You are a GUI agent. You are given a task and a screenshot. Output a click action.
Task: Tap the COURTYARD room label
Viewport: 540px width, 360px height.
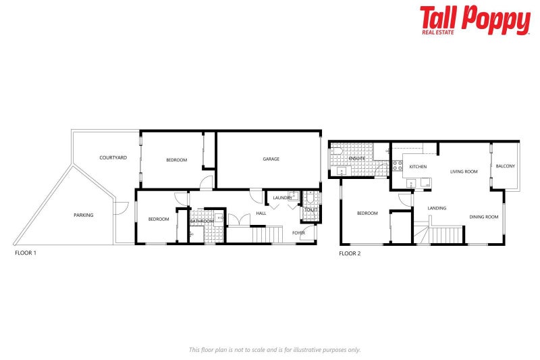click(x=113, y=157)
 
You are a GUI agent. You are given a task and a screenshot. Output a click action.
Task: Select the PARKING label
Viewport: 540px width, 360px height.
click(x=84, y=215)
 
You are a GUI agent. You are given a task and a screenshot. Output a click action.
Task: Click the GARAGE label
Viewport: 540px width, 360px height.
click(x=271, y=159)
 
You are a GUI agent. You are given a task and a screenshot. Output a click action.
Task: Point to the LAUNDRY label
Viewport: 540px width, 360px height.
click(x=282, y=198)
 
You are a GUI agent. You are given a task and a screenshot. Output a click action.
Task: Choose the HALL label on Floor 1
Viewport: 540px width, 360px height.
click(x=261, y=213)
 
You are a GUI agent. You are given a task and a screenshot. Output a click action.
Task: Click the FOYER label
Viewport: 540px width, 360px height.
click(x=298, y=232)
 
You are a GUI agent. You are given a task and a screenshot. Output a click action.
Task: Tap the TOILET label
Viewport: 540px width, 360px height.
click(x=310, y=210)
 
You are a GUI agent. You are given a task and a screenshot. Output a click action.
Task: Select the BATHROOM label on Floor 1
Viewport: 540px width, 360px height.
click(x=201, y=221)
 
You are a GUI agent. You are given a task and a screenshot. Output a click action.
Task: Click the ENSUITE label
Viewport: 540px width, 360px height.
click(x=357, y=158)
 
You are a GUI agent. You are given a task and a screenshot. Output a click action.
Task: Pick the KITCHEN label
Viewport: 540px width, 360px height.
click(x=418, y=167)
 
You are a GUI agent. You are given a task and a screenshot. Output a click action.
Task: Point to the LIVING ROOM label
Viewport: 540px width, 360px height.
click(x=464, y=172)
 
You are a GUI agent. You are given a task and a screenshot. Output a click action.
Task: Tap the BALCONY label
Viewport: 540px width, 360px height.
click(x=505, y=166)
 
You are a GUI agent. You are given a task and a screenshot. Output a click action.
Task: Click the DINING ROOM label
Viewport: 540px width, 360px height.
click(x=483, y=217)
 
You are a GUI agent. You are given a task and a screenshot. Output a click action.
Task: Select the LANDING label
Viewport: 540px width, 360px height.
click(x=437, y=208)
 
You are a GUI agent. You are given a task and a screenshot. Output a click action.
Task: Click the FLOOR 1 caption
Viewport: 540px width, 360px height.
click(x=26, y=253)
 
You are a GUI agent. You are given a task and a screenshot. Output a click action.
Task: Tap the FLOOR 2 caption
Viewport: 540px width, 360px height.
click(x=350, y=253)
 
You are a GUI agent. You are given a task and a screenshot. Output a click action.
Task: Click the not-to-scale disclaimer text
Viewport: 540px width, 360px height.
click(x=274, y=349)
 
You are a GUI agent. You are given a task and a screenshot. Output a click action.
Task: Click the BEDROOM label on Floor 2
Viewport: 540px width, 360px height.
click(x=367, y=213)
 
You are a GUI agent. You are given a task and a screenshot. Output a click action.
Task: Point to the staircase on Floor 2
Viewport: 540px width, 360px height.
click(x=446, y=234)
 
